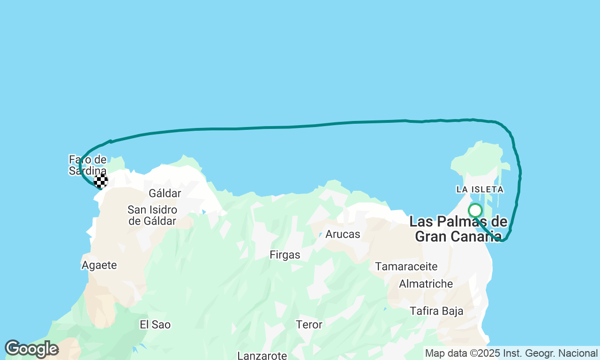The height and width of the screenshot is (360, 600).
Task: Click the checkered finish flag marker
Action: click(101, 181)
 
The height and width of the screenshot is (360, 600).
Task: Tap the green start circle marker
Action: click(475, 210)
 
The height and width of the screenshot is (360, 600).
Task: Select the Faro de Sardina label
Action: click(88, 165)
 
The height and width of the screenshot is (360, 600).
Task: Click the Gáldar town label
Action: click(165, 193)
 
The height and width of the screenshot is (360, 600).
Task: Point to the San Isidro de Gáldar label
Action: click(152, 216)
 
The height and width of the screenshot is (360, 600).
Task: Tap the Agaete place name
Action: click(99, 265)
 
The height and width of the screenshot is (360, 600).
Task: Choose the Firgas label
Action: click(285, 255)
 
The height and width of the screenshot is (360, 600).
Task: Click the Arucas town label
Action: click(343, 234)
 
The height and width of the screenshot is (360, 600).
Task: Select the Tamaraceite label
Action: click(406, 267)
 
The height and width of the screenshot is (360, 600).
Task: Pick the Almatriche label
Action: click(426, 284)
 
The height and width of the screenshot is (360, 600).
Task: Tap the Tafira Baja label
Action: click(436, 311)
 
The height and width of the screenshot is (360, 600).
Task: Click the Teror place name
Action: click(309, 324)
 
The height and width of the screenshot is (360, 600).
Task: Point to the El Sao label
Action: click(155, 324)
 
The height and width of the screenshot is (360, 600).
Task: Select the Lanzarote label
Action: click(262, 355)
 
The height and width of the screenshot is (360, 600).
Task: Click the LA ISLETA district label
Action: click(480, 189)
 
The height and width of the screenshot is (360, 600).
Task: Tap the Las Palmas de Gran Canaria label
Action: click(458, 229)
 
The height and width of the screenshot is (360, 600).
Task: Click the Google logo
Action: click(31, 349)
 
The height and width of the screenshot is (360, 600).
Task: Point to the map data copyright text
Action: click(511, 353)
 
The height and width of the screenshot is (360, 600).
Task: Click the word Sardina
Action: click(88, 171)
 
